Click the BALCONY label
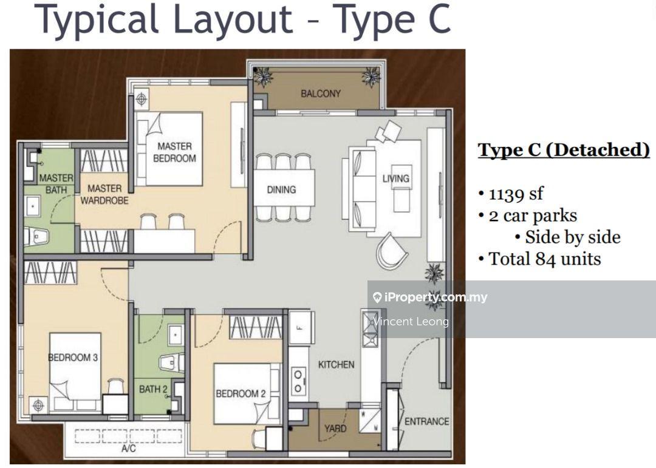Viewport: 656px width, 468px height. tap(321, 93)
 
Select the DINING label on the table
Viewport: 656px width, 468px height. tap(281, 189)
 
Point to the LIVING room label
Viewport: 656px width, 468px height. tap(395, 178)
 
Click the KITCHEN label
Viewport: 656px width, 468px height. tap(336, 365)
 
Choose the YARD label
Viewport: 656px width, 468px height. tap(335, 429)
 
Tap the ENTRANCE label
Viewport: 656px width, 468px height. tap(426, 421)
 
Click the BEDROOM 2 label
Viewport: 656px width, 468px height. tap(241, 393)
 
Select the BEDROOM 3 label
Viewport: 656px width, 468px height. tap(73, 358)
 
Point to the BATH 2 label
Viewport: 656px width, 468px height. tap(153, 389)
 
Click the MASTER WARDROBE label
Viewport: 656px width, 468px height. tap(104, 194)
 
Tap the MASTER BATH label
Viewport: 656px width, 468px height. tap(56, 184)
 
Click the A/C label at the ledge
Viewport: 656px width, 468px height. tap(128, 449)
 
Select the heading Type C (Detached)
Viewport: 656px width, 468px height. tap(563, 150)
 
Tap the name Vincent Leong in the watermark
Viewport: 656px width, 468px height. tap(411, 322)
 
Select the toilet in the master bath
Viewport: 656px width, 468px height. tap(36, 236)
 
